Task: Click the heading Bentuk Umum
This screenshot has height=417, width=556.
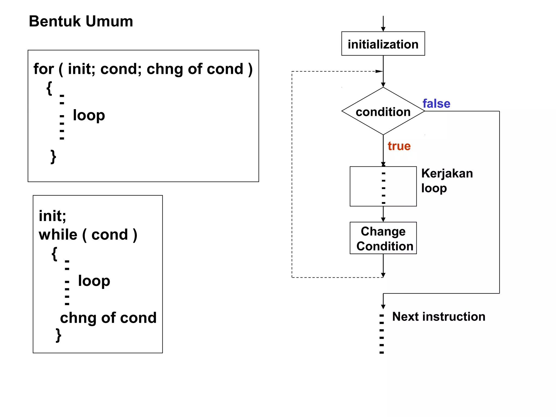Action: pos(81,21)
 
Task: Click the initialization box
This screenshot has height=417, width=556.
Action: pos(383,44)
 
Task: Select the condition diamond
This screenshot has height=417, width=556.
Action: pos(383,111)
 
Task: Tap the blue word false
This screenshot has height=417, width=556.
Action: pos(436,103)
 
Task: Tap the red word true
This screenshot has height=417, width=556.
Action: pos(399,146)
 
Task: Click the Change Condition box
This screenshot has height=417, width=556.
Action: pos(383,238)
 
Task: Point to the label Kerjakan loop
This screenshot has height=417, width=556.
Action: pos(447,181)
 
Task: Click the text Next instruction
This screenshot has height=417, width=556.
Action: pos(438,317)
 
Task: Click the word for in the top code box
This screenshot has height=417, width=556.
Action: pos(43,69)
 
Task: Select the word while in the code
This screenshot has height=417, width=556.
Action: pos(58,235)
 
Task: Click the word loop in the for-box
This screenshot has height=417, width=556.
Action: pos(89,115)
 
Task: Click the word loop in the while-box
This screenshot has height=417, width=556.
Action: pos(94,281)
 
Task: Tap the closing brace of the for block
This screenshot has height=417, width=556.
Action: pos(53,157)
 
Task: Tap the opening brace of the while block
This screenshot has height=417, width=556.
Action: pos(55,254)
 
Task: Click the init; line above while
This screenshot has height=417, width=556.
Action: pos(52,216)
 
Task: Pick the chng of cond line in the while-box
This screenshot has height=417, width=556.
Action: pos(108,318)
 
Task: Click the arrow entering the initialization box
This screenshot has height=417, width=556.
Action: pos(383,24)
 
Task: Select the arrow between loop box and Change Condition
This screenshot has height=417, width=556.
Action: pos(383,214)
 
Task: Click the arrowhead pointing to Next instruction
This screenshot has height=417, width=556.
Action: pos(383,307)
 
